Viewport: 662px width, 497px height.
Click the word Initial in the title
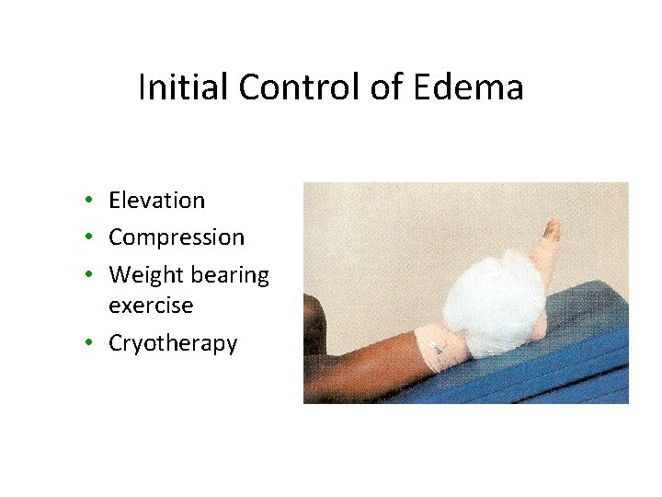tap(175, 88)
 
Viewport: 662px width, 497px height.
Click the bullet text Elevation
tap(156, 200)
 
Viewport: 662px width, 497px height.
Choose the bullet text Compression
tap(177, 237)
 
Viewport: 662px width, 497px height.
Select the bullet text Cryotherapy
tap(173, 343)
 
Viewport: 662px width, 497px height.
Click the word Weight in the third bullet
tap(141, 275)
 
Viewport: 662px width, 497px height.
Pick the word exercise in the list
tap(151, 304)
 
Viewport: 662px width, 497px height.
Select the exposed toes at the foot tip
tap(552, 230)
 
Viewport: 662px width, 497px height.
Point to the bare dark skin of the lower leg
tap(368, 364)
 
